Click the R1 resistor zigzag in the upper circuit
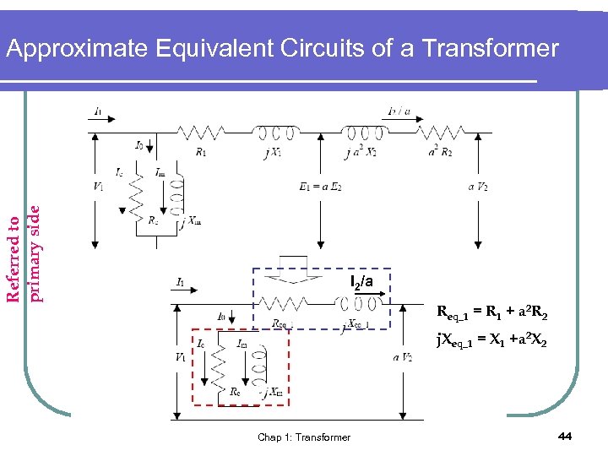[x=200, y=132]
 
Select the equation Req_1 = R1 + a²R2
[x=491, y=315]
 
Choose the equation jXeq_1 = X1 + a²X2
[x=491, y=342]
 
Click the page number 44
[x=566, y=435]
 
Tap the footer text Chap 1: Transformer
[x=304, y=437]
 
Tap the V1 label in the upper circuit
[x=100, y=186]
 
